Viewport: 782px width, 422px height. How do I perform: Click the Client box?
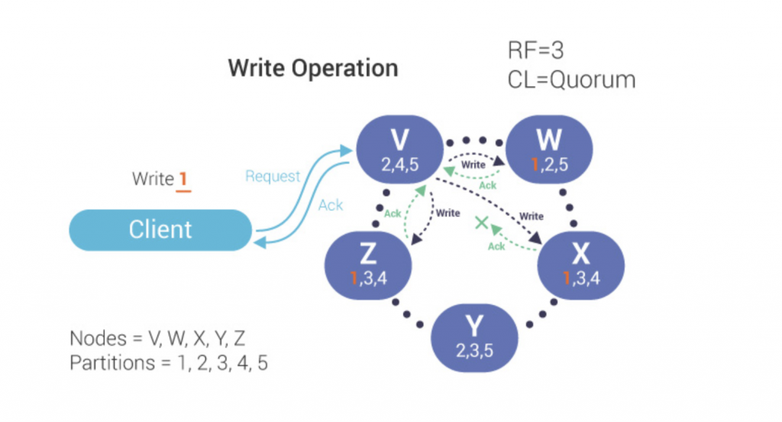[160, 229]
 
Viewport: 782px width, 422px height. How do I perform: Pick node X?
[582, 264]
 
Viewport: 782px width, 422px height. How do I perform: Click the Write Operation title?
[313, 68]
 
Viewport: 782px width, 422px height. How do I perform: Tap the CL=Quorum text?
[572, 80]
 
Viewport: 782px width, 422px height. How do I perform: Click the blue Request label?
[273, 177]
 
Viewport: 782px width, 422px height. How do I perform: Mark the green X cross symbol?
[482, 224]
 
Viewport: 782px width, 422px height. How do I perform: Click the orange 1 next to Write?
[183, 180]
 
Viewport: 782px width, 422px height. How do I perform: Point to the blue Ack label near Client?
[330, 205]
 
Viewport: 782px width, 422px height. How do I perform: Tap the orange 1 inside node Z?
[354, 279]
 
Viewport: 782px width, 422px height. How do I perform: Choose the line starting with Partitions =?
[169, 363]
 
